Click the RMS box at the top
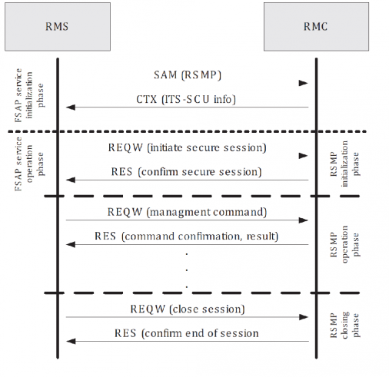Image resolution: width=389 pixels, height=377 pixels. click(58, 27)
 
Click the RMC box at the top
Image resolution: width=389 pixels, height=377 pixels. click(316, 27)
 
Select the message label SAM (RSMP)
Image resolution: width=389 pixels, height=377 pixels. click(188, 75)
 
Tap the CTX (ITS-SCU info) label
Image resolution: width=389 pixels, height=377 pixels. click(186, 99)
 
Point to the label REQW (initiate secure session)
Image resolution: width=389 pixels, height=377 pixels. click(187, 147)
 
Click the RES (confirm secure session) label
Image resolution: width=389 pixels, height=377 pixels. click(186, 172)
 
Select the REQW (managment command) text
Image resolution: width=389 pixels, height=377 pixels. click(187, 212)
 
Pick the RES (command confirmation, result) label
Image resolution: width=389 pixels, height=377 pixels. click(186, 236)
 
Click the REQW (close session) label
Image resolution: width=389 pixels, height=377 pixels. click(188, 309)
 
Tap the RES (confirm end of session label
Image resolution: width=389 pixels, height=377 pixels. click(186, 333)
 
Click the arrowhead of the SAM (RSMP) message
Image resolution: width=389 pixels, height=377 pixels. click(303, 83)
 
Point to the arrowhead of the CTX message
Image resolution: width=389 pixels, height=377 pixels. click(71, 107)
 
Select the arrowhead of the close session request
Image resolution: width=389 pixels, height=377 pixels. click(303, 317)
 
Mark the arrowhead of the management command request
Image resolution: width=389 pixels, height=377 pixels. click(303, 220)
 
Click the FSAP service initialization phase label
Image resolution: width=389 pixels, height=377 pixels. click(29, 95)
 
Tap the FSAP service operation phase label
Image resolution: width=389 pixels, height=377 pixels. click(29, 164)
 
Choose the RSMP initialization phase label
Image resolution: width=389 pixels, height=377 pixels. click(344, 164)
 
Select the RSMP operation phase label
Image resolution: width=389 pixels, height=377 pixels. click(344, 244)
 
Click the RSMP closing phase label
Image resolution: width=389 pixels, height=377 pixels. click(344, 325)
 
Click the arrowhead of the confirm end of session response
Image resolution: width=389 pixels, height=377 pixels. click(71, 341)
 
